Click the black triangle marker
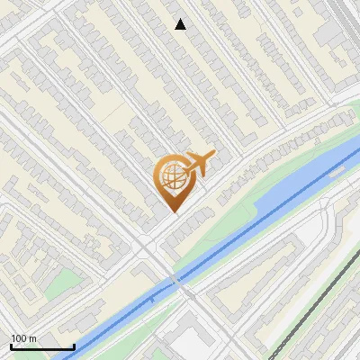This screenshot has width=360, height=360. pyautogui.click(x=181, y=24)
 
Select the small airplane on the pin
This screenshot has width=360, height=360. pyautogui.click(x=200, y=165)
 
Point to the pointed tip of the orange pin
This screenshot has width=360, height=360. pyautogui.click(x=173, y=211)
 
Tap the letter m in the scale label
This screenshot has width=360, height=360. pyautogui.click(x=32, y=338)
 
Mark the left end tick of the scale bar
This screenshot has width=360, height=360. pyautogui.click(x=11, y=346)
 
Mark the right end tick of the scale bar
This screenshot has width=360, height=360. pyautogui.click(x=74, y=346)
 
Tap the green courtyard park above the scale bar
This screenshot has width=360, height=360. pyautogui.click(x=59, y=283)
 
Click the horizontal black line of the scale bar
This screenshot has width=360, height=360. pyautogui.click(x=42, y=347)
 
